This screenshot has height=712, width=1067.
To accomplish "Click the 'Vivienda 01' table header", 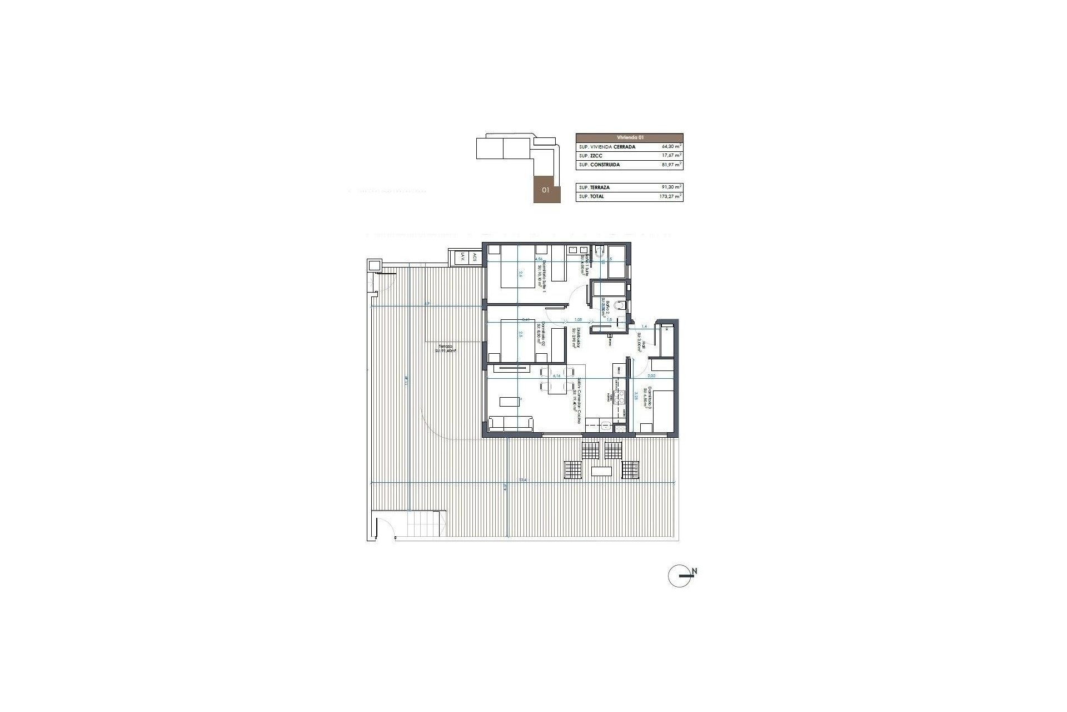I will [629, 137].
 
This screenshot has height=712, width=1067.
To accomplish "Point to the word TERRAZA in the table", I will [600, 187].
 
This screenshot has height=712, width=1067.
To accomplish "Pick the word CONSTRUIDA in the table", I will [605, 165].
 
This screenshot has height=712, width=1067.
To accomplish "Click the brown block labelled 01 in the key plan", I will [547, 190].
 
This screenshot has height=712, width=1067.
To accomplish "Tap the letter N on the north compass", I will [695, 571].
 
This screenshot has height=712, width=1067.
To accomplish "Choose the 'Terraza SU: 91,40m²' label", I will [444, 348].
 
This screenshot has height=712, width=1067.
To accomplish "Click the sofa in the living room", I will [122, 424].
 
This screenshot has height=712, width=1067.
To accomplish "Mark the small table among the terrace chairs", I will [602, 471].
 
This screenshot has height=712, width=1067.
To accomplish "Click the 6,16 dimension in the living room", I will [556, 376].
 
